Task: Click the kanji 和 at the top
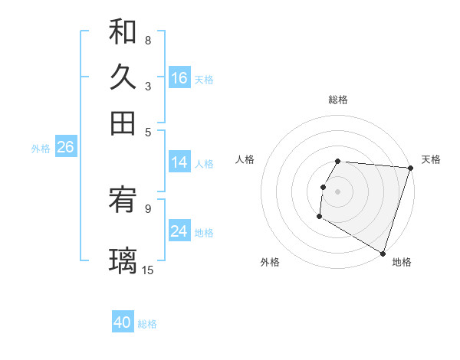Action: coord(123,33)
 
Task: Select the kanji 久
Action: coord(123,77)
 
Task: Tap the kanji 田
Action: coord(123,122)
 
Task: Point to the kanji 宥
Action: coord(123,203)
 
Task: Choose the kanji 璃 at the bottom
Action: coord(123,261)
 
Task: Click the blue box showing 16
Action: coord(179,78)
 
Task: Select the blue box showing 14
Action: coord(179,162)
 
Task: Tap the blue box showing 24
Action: coord(179,231)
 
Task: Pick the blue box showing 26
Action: coord(65,147)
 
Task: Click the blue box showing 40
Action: coord(123,322)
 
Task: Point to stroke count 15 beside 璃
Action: coord(148,270)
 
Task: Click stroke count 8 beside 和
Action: coord(148,40)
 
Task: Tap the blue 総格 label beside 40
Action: coord(147,324)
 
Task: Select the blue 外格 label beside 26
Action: coord(40,149)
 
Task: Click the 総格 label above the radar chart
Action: coord(338,100)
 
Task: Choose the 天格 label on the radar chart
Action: coord(431,159)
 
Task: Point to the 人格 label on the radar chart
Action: coord(245,159)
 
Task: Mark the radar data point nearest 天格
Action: coord(410,168)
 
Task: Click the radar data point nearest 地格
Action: coord(383,251)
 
